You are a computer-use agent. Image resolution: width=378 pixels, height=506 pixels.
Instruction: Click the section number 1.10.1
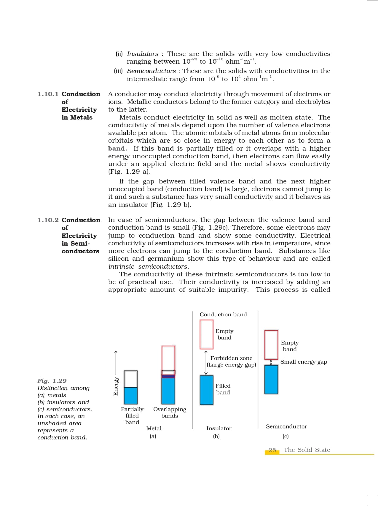tap(48, 94)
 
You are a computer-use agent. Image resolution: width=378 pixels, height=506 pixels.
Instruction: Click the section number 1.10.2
tap(48, 220)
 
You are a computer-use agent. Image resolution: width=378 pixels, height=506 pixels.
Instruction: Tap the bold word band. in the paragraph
tap(117, 149)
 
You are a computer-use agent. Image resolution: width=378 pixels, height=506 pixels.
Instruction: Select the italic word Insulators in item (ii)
tap(143, 54)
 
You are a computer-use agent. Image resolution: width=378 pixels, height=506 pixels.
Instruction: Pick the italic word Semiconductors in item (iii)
tap(151, 71)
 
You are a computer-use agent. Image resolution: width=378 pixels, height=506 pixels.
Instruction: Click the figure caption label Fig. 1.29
tap(52, 381)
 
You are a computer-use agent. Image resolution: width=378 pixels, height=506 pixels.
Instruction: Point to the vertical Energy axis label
tap(116, 386)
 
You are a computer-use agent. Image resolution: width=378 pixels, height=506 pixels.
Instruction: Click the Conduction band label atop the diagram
tap(223, 315)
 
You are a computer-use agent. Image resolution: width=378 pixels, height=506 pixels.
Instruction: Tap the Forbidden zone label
tap(231, 358)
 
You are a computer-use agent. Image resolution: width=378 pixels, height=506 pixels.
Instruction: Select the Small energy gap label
tap(304, 362)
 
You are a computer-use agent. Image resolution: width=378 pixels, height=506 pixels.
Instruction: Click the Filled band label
tap(223, 389)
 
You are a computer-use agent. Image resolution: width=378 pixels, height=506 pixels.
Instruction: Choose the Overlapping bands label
tap(170, 412)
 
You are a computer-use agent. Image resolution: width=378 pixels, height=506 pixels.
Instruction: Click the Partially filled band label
tap(132, 415)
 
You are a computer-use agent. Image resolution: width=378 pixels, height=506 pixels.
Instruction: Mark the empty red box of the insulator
tap(206, 334)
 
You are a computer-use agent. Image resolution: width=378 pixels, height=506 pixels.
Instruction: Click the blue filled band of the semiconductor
tap(271, 379)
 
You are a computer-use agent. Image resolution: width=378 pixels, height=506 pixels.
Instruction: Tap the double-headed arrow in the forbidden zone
tap(206, 362)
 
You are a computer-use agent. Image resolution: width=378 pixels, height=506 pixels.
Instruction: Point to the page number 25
tap(272, 450)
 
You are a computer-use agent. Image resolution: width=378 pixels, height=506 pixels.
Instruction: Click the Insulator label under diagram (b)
tap(219, 428)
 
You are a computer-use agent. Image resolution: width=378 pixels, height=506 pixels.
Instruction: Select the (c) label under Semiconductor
tap(286, 436)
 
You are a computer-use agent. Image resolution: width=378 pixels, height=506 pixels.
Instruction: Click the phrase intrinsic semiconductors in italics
tap(148, 267)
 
